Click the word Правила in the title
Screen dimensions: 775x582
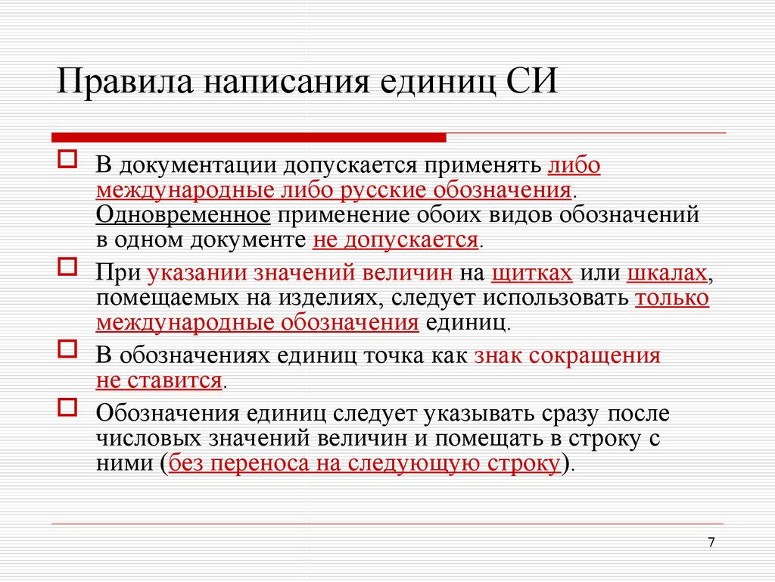pos(125,80)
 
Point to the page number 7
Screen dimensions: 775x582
pos(711,543)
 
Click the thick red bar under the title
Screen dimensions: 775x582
pos(248,138)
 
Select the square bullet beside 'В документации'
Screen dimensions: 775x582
pos(67,159)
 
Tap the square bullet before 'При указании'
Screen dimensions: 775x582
pos(67,267)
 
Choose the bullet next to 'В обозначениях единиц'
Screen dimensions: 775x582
pos(67,349)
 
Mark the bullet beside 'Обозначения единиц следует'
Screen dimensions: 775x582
pos(67,407)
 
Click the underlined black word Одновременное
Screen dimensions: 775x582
pos(183,215)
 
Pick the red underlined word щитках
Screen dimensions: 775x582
pos(532,273)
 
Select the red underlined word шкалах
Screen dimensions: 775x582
pos(667,273)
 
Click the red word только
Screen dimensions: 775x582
pos(672,298)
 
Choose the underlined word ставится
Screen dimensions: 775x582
pos(175,380)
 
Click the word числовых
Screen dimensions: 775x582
pos(148,439)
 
